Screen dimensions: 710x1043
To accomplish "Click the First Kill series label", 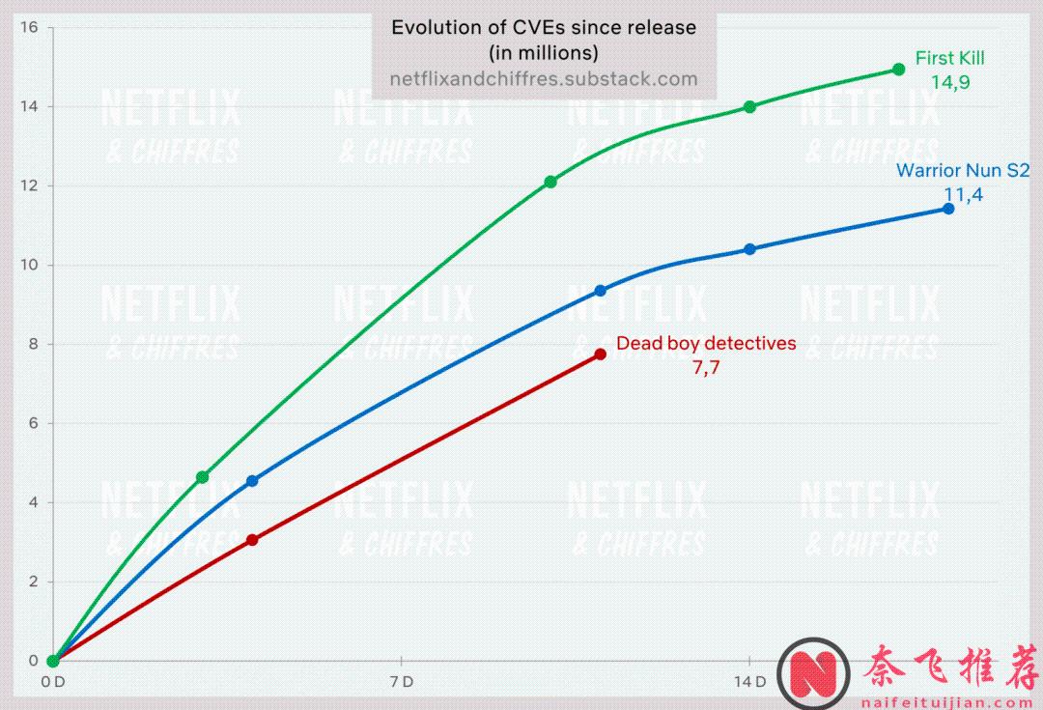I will [x=949, y=59].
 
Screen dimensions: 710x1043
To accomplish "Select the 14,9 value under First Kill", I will [x=950, y=83].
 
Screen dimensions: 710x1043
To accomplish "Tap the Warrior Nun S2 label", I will [x=963, y=171].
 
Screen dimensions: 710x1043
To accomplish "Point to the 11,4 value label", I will [x=963, y=194].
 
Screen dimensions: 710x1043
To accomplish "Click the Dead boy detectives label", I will [x=706, y=343].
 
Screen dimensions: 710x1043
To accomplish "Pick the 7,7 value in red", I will [x=706, y=367].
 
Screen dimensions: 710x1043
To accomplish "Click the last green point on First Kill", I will [x=899, y=70].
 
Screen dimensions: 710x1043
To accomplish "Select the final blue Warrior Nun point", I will [x=948, y=209].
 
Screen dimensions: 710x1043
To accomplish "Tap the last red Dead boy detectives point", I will [x=601, y=355].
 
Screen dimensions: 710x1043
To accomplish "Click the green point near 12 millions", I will [x=550, y=182].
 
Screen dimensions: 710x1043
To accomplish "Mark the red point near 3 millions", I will [x=252, y=540].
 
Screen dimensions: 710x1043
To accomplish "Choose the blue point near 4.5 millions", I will [x=252, y=481].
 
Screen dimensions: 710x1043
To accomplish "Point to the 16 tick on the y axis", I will [x=29, y=27].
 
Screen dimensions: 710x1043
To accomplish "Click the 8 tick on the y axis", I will [x=33, y=344].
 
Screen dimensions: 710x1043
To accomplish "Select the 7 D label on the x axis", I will [x=401, y=682].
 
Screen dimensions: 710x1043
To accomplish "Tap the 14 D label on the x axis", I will [x=748, y=682].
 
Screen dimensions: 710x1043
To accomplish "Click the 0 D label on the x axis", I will [x=53, y=682].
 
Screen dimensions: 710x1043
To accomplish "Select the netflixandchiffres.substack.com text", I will [x=543, y=79].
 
